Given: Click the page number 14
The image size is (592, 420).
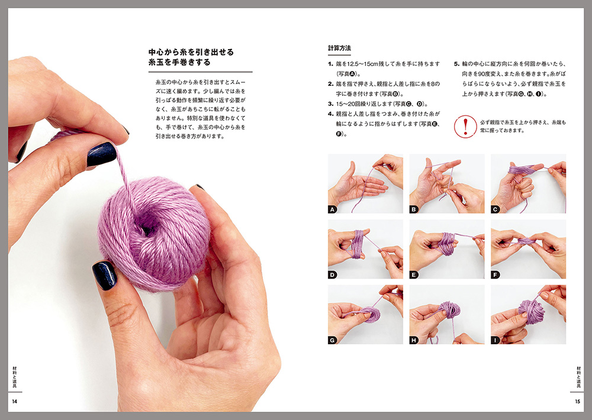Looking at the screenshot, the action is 15,402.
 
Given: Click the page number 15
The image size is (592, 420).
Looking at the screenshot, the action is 577,402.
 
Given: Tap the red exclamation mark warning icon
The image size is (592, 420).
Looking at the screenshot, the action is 465,127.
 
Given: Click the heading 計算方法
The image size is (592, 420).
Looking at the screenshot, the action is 339,48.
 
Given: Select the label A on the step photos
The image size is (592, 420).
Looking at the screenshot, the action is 332,209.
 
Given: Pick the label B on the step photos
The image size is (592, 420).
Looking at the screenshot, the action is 414,209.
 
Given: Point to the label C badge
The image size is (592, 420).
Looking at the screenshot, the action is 496,209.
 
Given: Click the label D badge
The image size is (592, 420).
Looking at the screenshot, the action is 332,274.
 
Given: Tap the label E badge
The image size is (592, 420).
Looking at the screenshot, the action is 414,274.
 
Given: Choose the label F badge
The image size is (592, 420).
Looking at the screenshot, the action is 496,274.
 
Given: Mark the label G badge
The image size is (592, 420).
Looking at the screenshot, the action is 332,340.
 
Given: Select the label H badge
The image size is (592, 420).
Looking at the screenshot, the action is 414,340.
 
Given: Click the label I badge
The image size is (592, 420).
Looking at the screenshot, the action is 496,340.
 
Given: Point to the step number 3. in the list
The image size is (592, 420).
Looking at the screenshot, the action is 330,104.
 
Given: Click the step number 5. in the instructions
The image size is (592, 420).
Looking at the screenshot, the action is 456,64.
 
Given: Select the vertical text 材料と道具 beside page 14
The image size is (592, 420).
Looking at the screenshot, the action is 15,377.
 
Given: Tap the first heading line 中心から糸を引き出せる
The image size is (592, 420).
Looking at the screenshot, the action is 191,52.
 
